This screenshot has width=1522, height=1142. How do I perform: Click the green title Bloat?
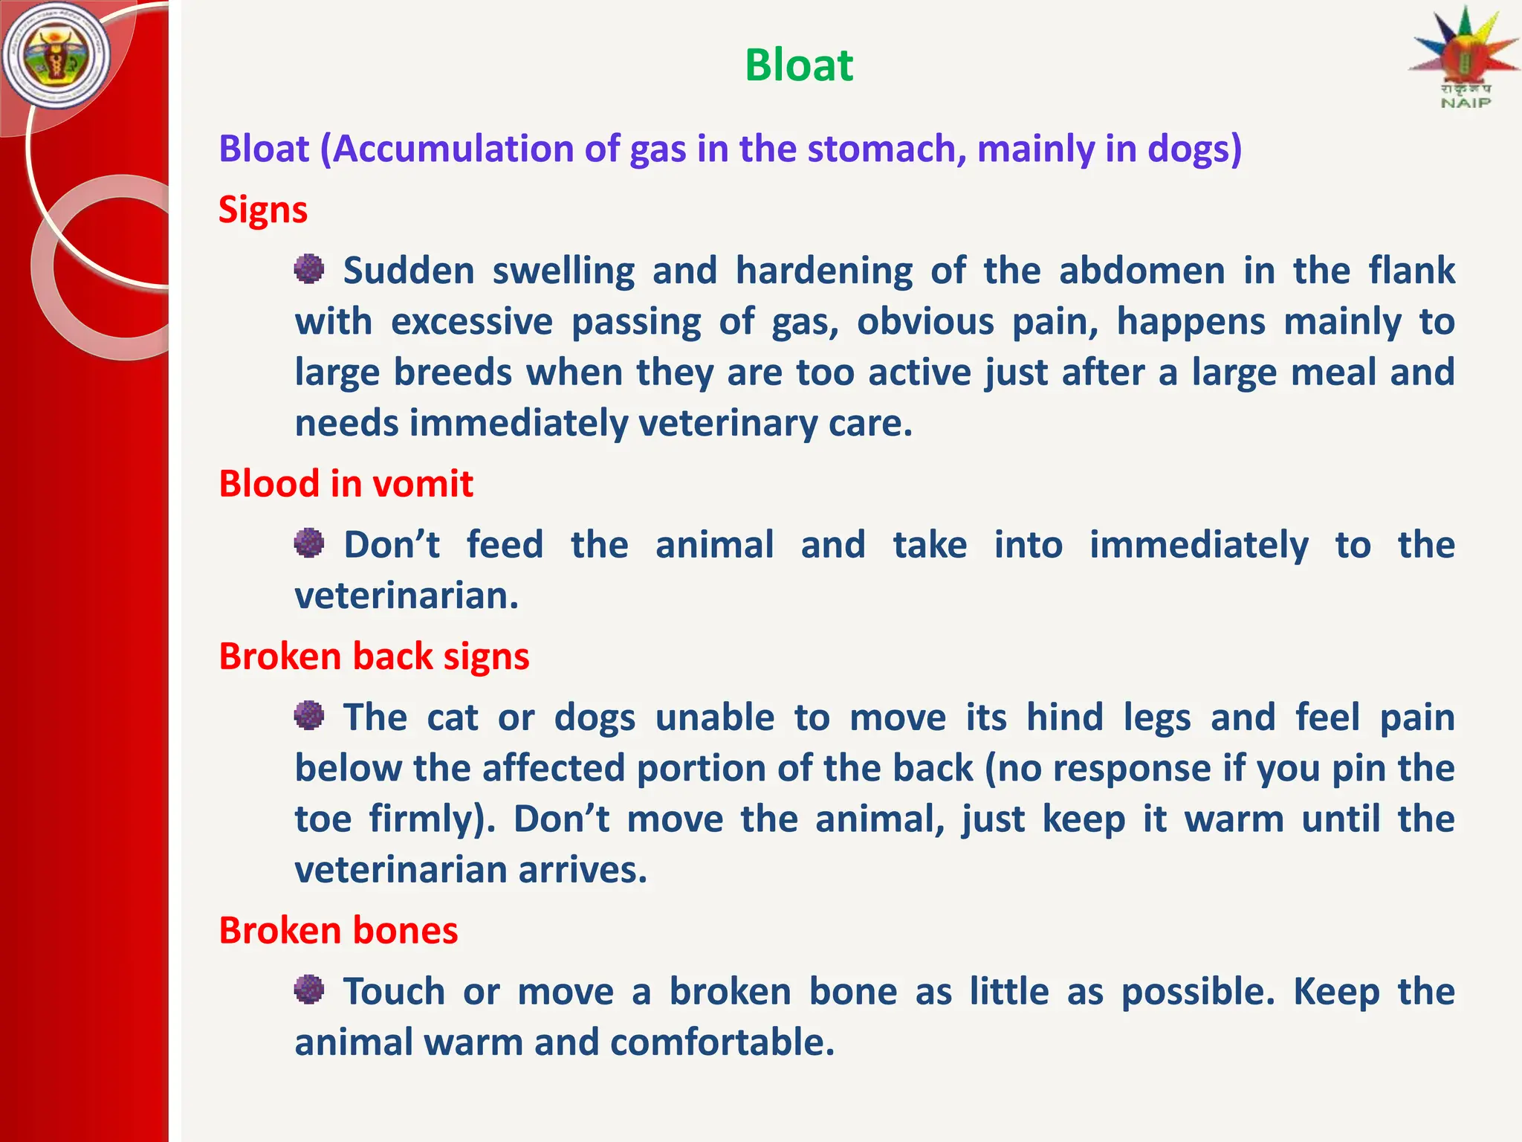798,65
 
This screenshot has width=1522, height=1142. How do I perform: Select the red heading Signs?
262,210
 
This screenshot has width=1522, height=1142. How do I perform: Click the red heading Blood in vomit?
346,484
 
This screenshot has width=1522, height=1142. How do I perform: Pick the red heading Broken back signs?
374,657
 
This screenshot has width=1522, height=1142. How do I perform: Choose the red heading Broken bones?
338,931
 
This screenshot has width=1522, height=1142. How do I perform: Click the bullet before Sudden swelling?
309,269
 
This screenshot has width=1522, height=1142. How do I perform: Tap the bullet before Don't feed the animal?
309,543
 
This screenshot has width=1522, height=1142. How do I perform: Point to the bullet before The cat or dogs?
309,716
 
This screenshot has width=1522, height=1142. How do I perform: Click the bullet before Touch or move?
309,990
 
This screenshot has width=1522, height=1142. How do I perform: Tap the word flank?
1411,271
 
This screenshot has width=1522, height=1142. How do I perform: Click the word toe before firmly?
323,819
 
